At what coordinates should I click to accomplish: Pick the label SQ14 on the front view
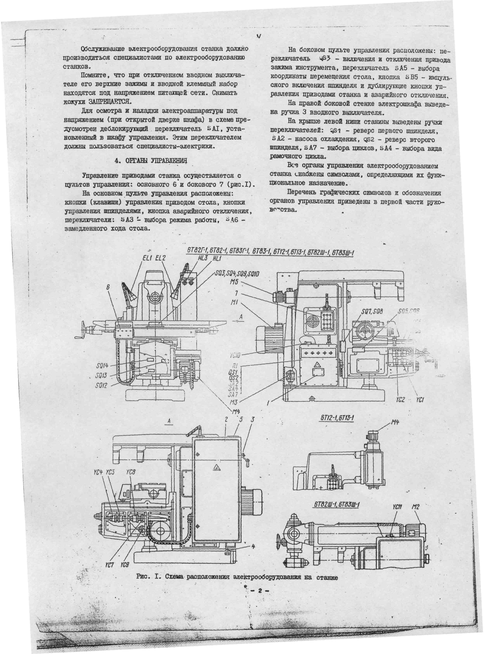102,366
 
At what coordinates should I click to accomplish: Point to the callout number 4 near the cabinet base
253,546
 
